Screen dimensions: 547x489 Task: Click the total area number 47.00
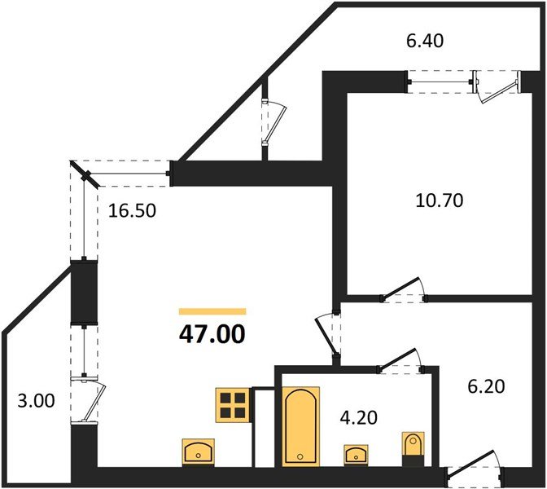point(212,334)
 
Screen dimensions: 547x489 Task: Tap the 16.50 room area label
point(132,211)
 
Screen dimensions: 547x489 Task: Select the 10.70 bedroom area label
point(440,200)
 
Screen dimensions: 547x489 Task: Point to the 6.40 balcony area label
point(425,41)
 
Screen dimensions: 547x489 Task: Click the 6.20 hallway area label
point(486,386)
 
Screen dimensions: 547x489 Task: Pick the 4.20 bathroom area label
point(359,417)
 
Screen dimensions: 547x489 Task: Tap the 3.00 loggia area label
point(36,401)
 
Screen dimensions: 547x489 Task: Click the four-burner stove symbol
point(233,405)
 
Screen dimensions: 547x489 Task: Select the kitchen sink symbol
point(198,452)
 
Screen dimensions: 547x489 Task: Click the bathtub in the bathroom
point(300,426)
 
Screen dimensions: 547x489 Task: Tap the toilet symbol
point(414,448)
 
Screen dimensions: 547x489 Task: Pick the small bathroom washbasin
point(356,455)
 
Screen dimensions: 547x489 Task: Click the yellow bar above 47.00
point(212,311)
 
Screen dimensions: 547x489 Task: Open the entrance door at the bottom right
point(475,468)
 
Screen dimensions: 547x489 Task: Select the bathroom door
point(400,360)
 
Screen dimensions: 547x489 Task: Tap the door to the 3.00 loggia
point(88,399)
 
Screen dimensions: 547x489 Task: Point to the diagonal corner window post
point(85,174)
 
